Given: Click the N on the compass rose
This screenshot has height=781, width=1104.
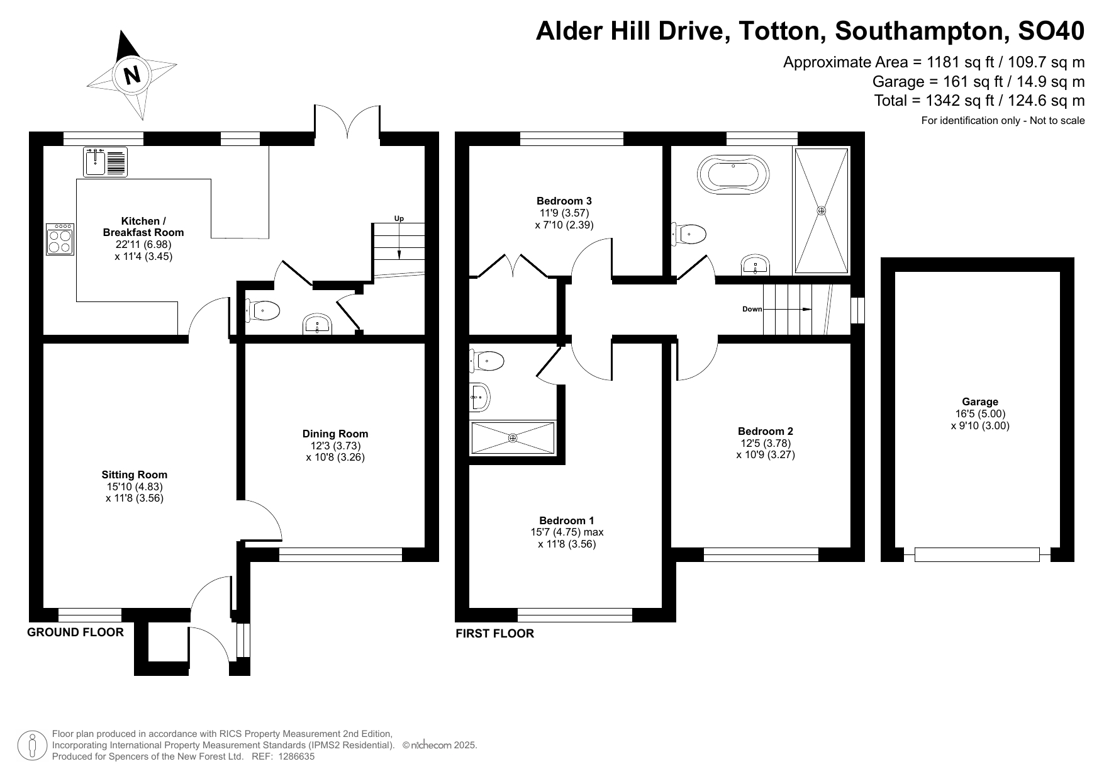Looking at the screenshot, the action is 132,75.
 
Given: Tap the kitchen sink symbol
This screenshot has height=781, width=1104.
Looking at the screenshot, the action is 105,162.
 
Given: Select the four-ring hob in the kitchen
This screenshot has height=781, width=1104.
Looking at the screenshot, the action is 60,239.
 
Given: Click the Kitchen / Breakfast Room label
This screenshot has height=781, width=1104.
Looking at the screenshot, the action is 143,227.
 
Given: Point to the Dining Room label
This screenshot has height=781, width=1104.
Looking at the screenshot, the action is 335,434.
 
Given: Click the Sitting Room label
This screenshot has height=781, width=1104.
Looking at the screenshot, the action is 135,475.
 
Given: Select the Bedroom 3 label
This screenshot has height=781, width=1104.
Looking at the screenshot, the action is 564,201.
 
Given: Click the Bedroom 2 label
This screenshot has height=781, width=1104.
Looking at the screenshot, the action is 766,431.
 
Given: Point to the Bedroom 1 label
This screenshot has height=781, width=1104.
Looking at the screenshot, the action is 567,520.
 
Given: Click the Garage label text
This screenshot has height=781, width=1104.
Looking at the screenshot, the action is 980,402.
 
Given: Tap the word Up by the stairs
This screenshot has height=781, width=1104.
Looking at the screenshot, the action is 399,218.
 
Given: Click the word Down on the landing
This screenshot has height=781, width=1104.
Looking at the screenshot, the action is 752,309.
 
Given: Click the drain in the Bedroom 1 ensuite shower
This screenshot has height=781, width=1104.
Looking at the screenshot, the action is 513,438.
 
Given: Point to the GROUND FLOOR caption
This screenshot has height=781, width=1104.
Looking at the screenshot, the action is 75,632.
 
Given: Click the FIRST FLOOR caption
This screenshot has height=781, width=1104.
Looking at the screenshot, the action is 495,634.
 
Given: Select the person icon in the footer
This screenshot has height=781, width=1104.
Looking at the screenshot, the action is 32,746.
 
